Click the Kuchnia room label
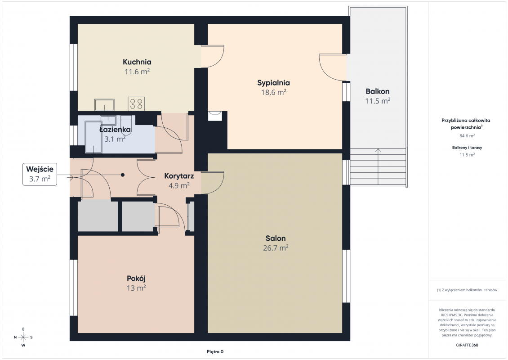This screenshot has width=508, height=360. (137, 62)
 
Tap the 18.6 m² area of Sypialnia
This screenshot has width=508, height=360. (274, 92)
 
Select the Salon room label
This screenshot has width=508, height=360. (276, 238)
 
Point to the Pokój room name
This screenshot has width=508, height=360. (136, 279)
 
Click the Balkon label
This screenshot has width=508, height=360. (378, 91)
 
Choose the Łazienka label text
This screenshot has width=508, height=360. (115, 130)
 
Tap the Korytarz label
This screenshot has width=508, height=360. (179, 176)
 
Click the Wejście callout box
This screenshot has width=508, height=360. (40, 174)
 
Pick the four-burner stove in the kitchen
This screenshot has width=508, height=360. (136, 104)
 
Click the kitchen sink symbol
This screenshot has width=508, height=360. (104, 105)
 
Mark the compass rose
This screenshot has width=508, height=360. (23, 337)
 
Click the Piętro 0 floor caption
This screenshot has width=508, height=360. (215, 352)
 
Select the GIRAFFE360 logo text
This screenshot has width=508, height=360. (467, 345)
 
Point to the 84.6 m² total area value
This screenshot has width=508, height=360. (467, 136)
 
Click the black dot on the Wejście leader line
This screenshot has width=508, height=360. (123, 175)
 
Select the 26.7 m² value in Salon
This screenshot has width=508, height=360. (276, 248)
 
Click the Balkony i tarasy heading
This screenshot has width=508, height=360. (467, 148)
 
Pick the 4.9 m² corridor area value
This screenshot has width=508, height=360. (179, 185)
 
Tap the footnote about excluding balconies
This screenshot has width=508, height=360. (467, 290)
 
